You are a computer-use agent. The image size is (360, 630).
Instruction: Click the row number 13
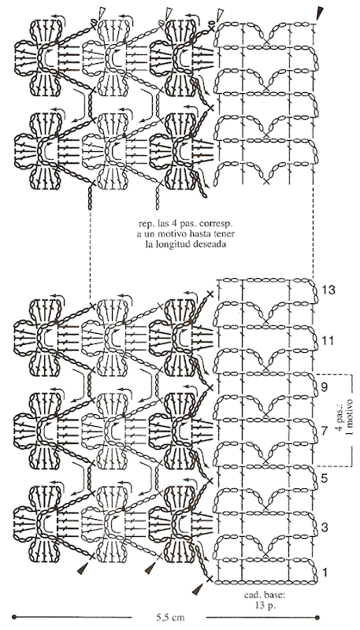[328, 290]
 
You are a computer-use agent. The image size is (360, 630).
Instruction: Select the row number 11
[328, 341]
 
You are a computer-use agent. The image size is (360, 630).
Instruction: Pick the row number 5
[325, 479]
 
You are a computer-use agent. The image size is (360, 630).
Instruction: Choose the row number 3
[325, 526]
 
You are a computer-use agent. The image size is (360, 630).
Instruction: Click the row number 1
[325, 572]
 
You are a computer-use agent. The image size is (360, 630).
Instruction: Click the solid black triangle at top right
[320, 13]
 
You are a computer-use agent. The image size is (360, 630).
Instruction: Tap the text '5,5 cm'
[170, 617]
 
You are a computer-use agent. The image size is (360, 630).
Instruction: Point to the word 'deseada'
[208, 244]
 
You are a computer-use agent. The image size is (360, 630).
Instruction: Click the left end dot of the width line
[14, 617]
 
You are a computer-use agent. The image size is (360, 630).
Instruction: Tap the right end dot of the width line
[317, 617]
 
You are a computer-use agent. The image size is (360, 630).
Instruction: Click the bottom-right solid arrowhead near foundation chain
[197, 589]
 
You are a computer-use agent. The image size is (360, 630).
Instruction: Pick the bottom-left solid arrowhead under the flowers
[83, 568]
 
